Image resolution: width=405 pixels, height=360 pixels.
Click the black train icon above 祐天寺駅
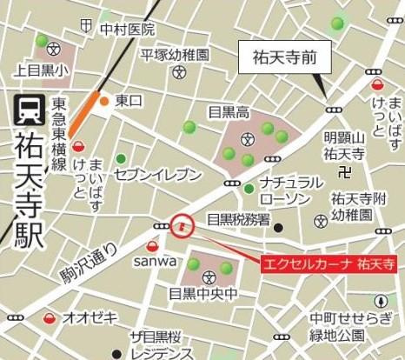coord(27,110)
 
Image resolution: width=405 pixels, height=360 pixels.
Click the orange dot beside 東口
coord(103,102)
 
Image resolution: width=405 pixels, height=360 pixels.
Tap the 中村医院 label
coord(127,30)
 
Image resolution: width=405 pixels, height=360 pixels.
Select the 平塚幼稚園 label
coord(176,54)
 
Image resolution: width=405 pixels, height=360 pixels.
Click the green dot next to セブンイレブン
coord(121,158)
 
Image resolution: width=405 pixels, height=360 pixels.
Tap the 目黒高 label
coord(229,111)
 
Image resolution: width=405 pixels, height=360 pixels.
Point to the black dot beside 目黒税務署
coord(278,228)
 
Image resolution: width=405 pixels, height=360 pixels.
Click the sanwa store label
coord(155,260)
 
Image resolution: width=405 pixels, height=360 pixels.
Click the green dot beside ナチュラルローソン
coord(249,189)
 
